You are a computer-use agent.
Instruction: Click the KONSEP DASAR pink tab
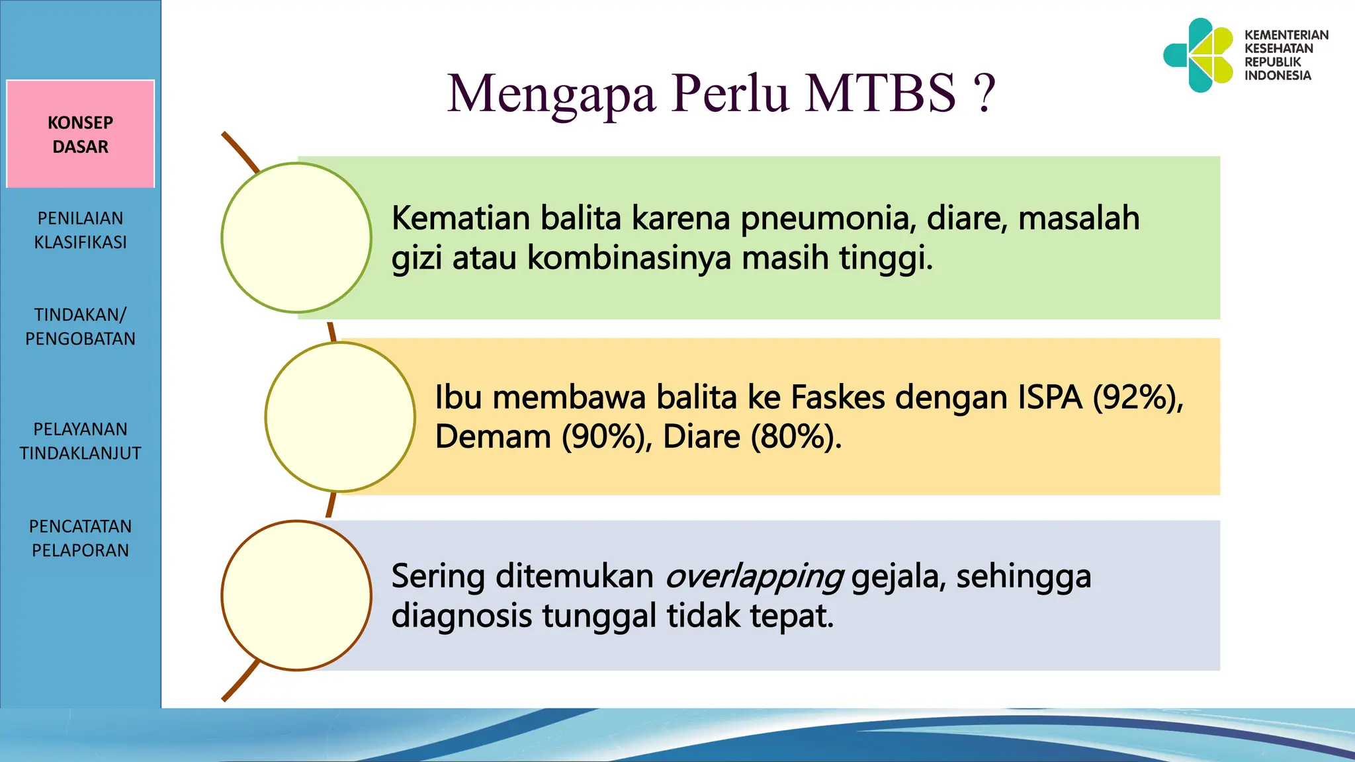80,134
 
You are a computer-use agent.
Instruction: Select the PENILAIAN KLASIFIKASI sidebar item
80,230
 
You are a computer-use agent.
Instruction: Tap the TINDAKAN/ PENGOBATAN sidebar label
80,326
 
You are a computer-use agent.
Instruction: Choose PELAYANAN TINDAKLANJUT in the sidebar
80,441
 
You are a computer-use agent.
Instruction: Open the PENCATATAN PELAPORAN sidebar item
80,538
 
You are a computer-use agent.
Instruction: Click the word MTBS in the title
880,93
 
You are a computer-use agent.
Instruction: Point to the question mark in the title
984,93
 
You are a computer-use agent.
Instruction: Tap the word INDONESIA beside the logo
1277,75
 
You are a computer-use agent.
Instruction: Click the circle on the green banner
296,237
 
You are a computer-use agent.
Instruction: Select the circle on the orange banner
340,417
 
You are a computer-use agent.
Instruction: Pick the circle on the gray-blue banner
296,595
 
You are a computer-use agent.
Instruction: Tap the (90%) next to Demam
607,437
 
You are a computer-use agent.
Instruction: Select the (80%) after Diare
796,437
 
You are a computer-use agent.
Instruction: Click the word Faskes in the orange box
838,398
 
